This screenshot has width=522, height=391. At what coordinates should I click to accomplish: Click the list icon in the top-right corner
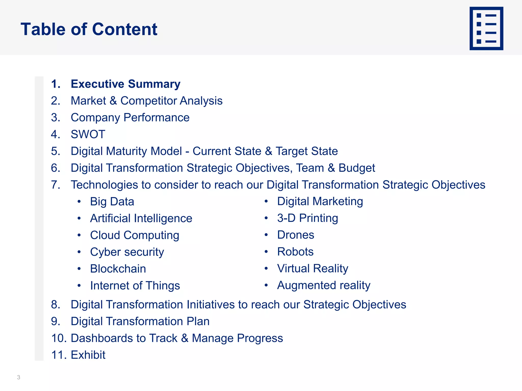click(x=486, y=29)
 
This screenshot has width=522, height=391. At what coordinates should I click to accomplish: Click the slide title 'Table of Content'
click(x=89, y=29)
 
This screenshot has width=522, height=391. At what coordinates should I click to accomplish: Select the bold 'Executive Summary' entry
click(x=125, y=84)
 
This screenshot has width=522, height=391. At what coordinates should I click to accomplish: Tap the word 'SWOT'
click(x=88, y=134)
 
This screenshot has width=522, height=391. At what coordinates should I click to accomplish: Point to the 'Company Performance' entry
click(x=130, y=118)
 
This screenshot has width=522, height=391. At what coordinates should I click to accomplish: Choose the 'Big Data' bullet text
click(x=112, y=202)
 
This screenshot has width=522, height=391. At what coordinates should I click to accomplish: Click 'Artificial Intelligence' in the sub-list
click(x=141, y=218)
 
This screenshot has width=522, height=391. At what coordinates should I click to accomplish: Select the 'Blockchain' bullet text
click(x=118, y=269)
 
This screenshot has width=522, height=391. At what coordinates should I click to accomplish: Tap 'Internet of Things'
click(x=135, y=286)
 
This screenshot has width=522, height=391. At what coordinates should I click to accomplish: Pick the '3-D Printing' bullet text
click(x=307, y=218)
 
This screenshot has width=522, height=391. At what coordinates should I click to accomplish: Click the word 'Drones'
click(x=296, y=235)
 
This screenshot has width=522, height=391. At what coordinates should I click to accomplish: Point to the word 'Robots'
click(x=295, y=252)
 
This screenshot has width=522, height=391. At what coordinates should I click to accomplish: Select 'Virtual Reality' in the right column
click(x=312, y=269)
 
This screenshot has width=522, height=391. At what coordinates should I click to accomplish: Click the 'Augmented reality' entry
click(x=323, y=285)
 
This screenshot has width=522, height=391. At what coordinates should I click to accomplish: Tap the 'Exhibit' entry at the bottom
click(x=88, y=355)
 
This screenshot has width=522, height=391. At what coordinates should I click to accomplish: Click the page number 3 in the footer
click(x=19, y=377)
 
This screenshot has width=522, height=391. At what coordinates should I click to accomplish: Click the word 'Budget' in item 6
click(x=357, y=168)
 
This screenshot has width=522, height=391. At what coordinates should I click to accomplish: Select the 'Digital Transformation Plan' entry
click(x=140, y=321)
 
